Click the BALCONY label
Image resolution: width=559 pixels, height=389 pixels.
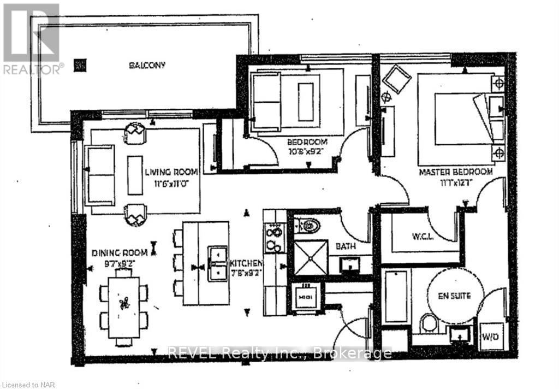point(147,65)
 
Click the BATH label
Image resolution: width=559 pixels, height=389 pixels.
point(346,246)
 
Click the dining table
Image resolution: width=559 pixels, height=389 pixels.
point(124,304)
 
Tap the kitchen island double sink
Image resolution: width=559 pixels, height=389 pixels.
point(217,263)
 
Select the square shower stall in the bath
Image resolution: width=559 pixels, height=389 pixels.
point(310,257)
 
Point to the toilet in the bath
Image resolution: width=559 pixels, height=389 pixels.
point(310,225)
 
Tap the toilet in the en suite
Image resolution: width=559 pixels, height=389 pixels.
point(429,323)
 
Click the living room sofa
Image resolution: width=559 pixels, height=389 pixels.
point(99,175)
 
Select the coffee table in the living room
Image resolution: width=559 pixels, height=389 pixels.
point(135,175)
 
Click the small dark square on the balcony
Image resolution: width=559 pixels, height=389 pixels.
point(81,66)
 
